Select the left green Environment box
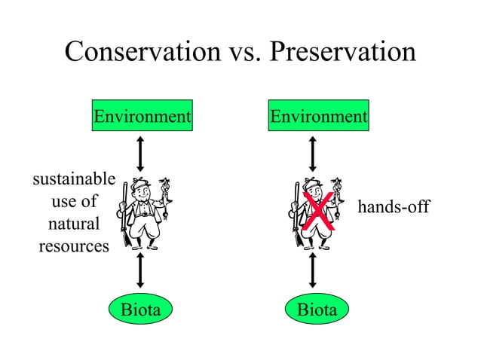click(x=141, y=117)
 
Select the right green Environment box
click(x=319, y=117)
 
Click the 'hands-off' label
click(x=393, y=206)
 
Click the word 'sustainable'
click(x=73, y=179)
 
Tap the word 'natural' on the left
click(x=73, y=224)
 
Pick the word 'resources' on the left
click(x=73, y=246)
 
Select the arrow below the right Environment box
click(x=313, y=153)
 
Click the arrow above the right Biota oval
click(x=313, y=272)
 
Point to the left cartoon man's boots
click(x=142, y=243)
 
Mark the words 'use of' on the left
click(x=73, y=202)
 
